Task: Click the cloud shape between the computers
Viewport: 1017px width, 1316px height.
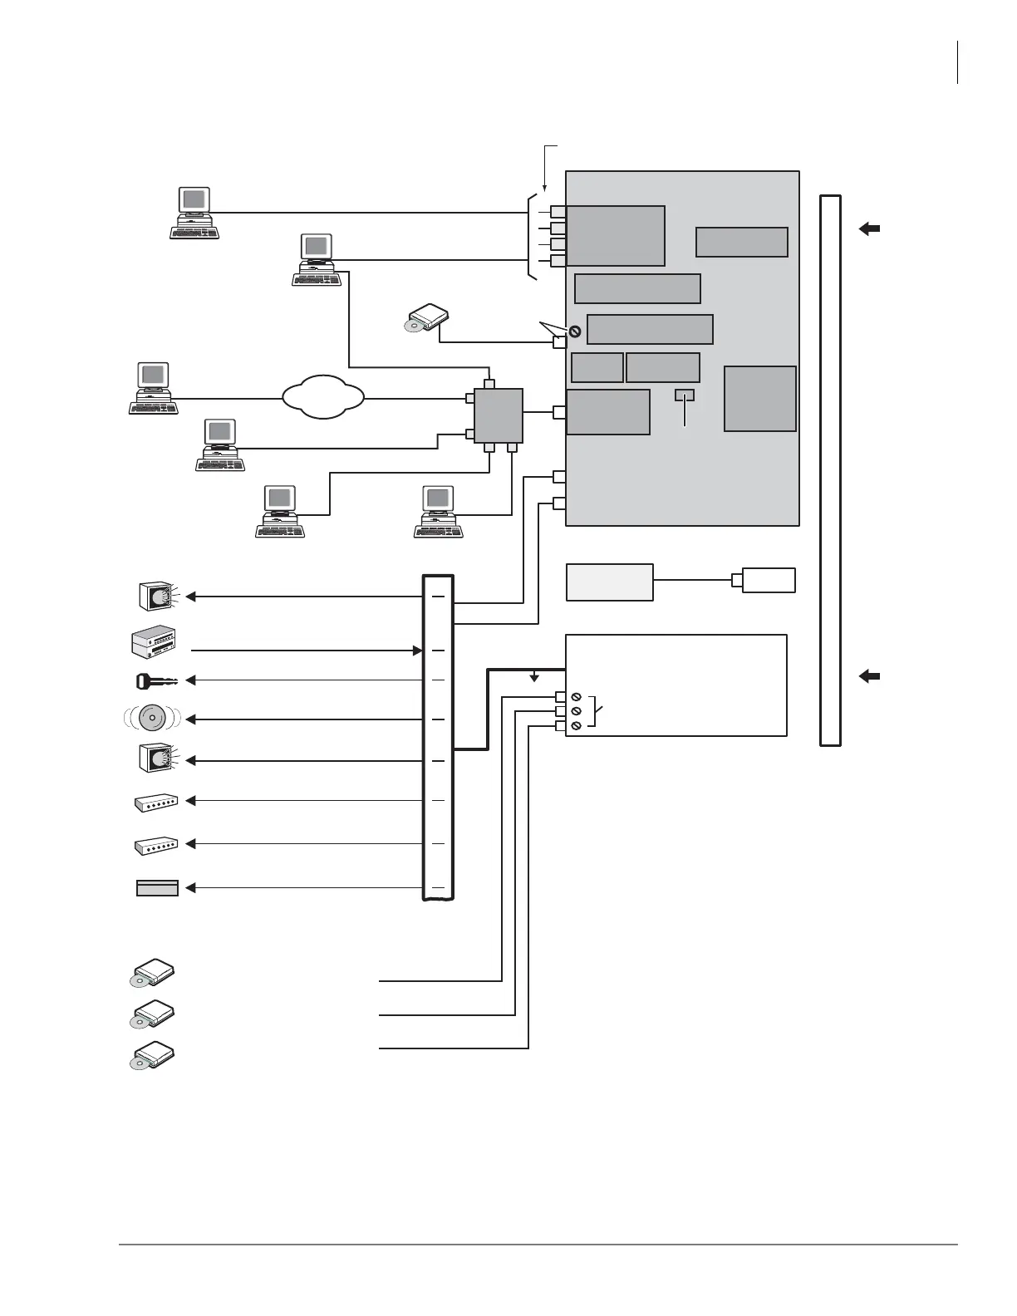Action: (323, 397)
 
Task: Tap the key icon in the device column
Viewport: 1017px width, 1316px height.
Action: (156, 680)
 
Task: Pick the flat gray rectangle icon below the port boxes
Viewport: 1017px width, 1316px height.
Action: (157, 888)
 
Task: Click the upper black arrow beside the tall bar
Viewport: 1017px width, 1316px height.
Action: (869, 228)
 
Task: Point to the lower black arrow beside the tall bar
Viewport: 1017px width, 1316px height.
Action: (869, 676)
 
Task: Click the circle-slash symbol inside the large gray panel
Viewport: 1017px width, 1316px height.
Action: (574, 331)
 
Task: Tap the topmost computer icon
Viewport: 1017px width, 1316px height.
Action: (194, 214)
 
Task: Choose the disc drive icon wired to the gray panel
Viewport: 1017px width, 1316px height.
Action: (429, 319)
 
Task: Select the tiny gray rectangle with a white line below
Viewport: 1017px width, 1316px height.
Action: (684, 394)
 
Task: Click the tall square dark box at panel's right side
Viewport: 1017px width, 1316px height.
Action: (759, 398)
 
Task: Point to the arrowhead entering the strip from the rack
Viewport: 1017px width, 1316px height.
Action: (418, 650)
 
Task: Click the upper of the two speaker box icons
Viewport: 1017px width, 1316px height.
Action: (156, 596)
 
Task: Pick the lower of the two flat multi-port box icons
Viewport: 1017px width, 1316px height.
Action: (156, 845)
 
